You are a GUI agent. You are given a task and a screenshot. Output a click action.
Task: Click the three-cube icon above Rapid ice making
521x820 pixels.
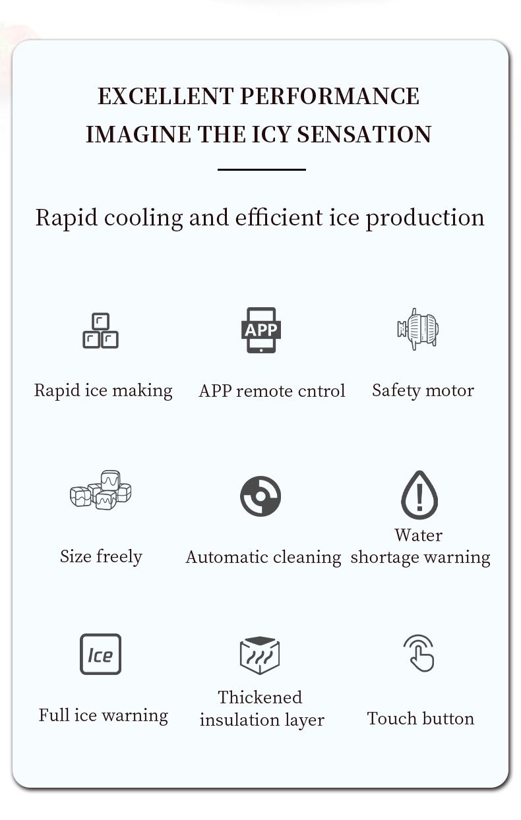101,330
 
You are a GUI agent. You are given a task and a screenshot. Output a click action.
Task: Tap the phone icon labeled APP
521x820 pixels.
261,330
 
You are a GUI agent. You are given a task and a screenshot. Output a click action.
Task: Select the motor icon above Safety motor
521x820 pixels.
417,329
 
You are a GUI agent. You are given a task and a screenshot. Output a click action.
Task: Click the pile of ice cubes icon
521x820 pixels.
101,490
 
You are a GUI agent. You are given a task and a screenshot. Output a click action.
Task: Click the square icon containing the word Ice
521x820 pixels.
101,654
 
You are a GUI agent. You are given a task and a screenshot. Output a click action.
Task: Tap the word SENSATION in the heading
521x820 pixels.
364,134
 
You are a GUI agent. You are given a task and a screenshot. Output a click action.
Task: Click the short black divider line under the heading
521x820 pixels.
262,169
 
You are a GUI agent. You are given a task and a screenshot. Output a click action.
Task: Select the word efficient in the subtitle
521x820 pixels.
278,218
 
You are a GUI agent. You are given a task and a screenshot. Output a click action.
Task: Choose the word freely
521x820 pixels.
119,557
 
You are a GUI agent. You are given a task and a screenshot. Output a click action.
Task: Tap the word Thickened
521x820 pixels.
260,697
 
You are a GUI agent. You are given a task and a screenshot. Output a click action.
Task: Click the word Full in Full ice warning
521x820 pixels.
54,715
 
